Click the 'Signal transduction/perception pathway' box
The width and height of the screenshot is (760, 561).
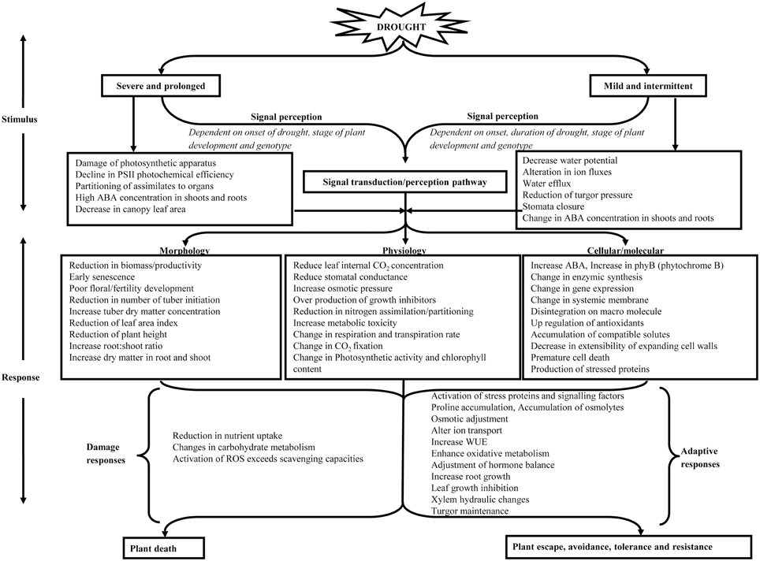(x=404, y=182)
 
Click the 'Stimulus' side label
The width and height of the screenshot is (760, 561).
(x=22, y=121)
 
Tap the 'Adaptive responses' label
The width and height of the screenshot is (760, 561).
(x=701, y=459)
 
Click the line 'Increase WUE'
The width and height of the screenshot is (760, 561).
(x=459, y=442)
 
